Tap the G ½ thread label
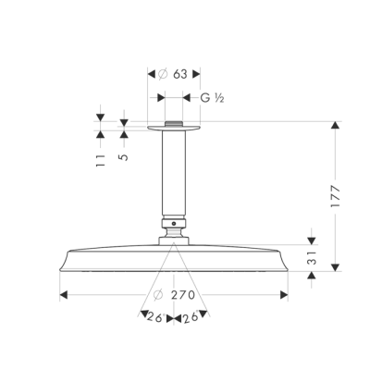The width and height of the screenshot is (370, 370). (x=208, y=95)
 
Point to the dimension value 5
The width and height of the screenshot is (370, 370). (x=124, y=156)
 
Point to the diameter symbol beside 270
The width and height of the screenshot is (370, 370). (x=159, y=296)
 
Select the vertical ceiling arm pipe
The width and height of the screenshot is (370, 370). (x=175, y=176)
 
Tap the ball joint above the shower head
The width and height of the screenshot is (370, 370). (x=175, y=225)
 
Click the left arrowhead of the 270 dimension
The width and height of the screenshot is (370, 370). (x=63, y=296)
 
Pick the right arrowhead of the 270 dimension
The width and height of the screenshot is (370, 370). (x=287, y=296)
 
